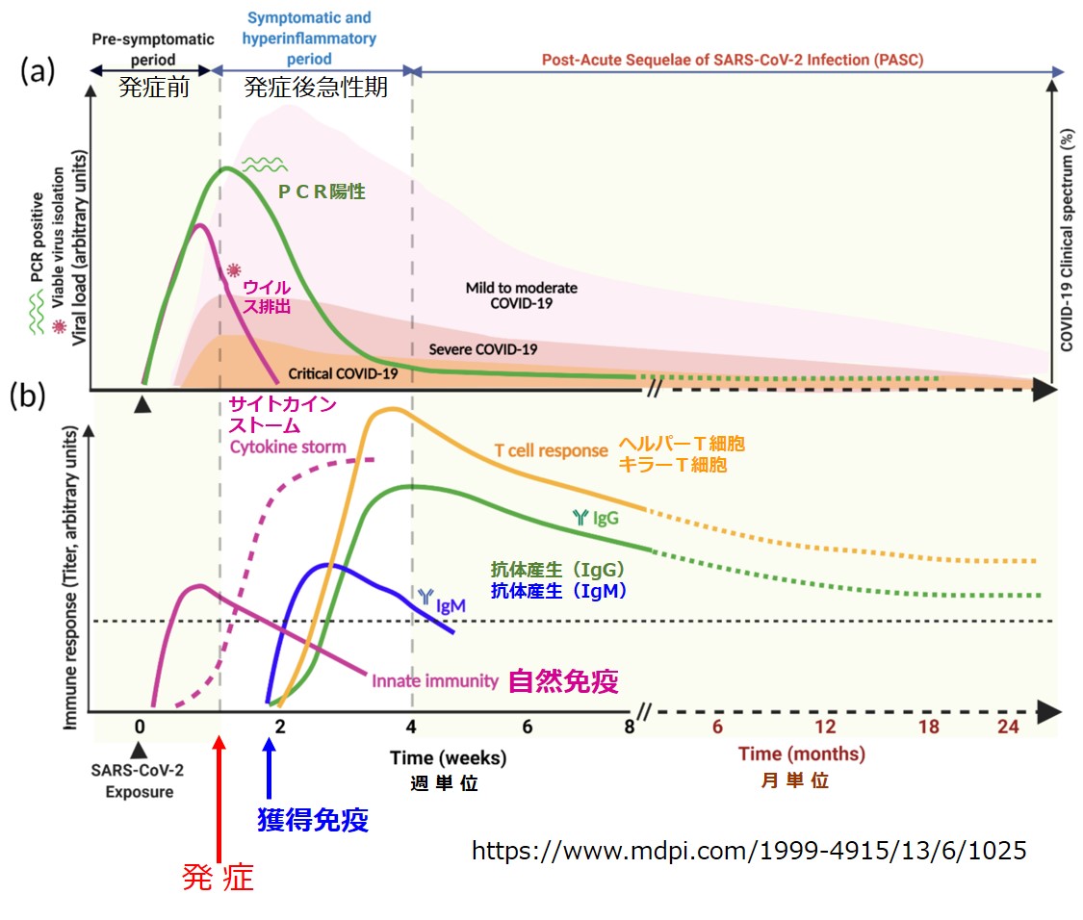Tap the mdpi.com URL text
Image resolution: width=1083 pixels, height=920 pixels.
[749, 850]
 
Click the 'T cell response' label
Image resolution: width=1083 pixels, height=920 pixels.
[551, 449]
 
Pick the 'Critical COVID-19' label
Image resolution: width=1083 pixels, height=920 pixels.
[344, 373]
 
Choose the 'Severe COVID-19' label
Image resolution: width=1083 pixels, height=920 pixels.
[481, 349]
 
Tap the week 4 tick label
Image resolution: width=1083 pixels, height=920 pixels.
[413, 728]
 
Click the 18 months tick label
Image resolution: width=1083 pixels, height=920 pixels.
[928, 728]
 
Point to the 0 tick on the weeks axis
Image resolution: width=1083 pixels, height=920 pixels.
[141, 728]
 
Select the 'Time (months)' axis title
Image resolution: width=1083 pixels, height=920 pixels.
[801, 754]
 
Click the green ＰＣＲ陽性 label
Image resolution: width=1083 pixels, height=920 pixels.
[322, 192]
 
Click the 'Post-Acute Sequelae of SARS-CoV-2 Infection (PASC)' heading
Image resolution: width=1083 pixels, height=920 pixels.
[732, 60]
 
